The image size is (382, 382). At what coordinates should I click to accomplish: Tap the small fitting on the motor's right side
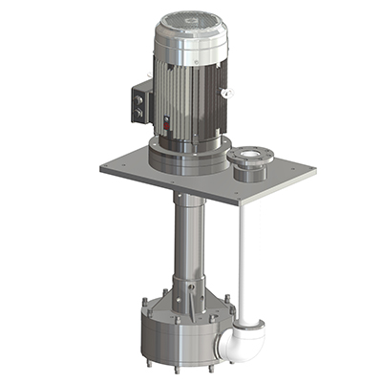(x=227, y=93)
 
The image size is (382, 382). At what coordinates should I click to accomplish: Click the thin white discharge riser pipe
(x=244, y=258)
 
